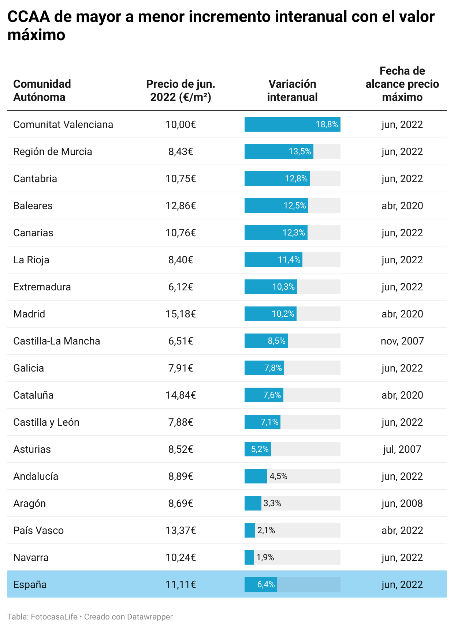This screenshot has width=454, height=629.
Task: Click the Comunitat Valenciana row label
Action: coord(63,125)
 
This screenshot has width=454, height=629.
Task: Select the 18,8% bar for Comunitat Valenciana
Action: coord(292,125)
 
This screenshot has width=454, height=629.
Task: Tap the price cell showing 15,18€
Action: coord(181,314)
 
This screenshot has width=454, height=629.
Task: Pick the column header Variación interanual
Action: coord(292,91)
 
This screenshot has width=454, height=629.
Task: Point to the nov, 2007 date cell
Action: coord(402,341)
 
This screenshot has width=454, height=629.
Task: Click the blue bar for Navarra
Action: coord(249,558)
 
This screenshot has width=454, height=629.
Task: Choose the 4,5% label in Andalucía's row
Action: coord(278,477)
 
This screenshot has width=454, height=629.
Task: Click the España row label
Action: coord(30,585)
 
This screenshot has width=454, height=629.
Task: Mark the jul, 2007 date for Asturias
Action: coord(402,449)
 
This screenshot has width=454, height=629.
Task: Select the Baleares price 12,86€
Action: coord(181,206)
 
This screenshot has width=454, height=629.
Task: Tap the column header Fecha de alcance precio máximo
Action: coord(402,84)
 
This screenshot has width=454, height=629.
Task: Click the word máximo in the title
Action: coord(36,35)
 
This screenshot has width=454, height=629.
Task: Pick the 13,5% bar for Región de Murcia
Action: coord(279,152)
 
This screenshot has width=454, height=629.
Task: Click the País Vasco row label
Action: coord(38,531)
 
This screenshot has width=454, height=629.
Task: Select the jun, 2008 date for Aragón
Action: coord(402,504)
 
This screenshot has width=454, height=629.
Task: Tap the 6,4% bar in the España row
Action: coord(260,585)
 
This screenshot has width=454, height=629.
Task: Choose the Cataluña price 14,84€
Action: coord(181,395)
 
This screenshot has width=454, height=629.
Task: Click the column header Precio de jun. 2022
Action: coord(181,91)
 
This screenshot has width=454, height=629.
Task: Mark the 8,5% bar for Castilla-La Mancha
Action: coord(266,341)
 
